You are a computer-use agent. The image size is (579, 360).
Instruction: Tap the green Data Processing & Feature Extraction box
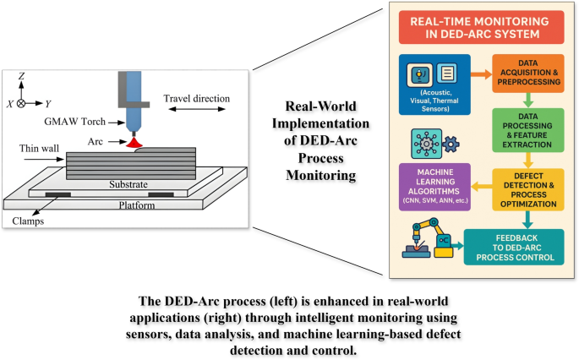pos(527,125)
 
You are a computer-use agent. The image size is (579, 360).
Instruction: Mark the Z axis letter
pos(22,76)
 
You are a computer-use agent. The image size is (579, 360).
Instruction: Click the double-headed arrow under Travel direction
pos(194,109)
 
